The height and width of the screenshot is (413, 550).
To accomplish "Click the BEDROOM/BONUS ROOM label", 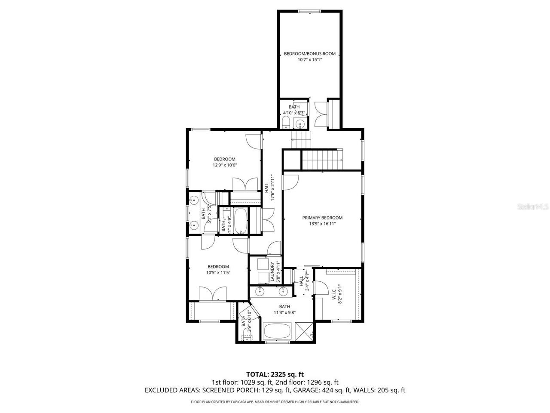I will tap(309, 54).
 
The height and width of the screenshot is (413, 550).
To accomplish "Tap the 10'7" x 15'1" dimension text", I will tap(309, 60).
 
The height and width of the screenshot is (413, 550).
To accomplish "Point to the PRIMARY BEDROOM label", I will tap(322, 218).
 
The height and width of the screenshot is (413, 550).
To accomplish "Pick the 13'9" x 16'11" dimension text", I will tap(322, 224).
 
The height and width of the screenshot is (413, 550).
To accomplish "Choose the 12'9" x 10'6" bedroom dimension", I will tap(225, 165).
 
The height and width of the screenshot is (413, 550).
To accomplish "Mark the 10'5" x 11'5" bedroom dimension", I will tap(218, 272).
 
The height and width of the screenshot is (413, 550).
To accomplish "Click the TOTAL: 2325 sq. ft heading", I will tap(275, 374).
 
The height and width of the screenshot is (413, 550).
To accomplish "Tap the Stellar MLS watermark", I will tap(532, 206).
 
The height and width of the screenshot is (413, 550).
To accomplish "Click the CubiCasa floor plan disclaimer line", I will tap(275, 402).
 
